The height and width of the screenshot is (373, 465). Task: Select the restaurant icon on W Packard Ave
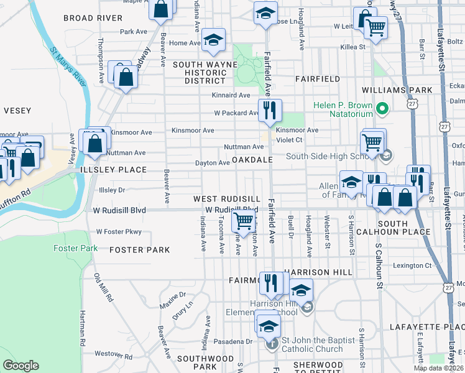(269, 111)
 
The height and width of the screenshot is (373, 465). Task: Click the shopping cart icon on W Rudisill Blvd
(243, 219)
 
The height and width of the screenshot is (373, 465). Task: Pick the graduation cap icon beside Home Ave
(213, 40)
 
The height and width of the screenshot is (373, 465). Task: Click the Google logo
(21, 366)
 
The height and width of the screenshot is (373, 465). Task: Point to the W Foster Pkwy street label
(119, 232)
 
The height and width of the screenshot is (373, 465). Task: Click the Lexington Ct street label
(410, 265)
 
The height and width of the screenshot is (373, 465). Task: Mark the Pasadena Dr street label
(232, 341)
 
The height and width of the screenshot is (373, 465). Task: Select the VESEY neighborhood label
(17, 111)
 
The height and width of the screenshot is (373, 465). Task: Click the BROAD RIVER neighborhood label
(93, 18)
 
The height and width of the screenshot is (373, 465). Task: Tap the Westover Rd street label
(111, 354)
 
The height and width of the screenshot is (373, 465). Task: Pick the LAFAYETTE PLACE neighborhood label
(426, 326)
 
